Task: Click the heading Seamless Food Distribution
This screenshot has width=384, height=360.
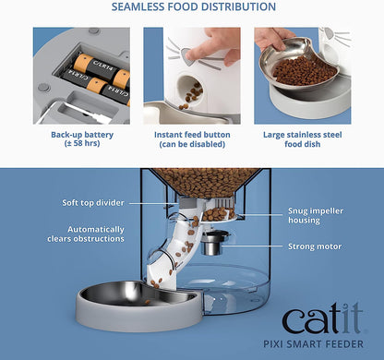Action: pos(192,7)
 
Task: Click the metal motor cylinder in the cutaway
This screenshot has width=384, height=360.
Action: pos(215,245)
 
